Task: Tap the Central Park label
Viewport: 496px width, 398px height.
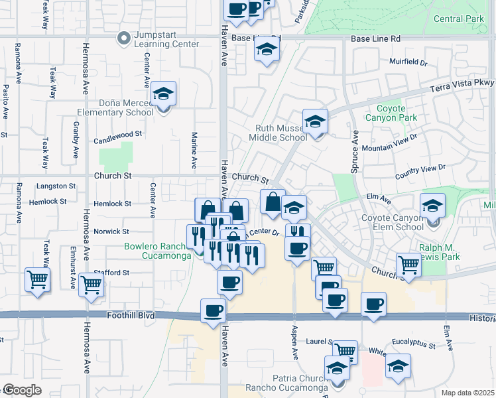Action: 459,19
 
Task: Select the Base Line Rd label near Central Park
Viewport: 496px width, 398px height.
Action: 376,39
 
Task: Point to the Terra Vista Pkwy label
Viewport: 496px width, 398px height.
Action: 467,83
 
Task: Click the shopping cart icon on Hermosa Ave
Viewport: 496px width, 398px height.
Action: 92,285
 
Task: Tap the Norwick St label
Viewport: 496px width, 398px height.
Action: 111,232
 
